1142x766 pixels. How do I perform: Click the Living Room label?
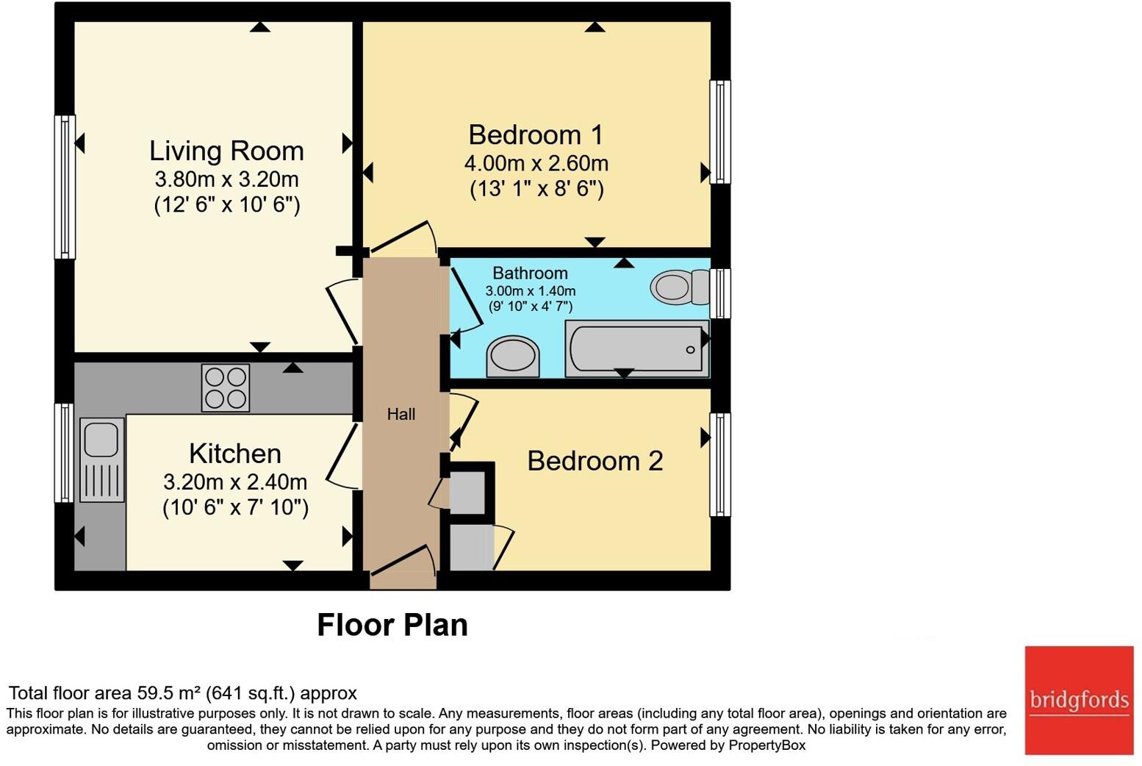[226, 151]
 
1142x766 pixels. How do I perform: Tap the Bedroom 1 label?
[536, 135]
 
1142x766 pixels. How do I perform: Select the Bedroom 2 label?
[595, 461]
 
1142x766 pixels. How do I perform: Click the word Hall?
[401, 415]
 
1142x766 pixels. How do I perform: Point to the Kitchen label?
[235, 454]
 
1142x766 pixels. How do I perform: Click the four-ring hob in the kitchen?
[226, 387]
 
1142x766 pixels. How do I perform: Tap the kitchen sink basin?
[101, 439]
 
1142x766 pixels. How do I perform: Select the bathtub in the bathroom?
[636, 349]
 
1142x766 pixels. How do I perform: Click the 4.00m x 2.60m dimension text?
[536, 163]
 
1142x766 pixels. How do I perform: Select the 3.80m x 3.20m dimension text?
[226, 179]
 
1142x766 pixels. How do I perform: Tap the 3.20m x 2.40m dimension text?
[235, 482]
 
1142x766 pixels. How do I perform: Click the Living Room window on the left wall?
[65, 187]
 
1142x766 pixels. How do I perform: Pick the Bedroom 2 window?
[720, 465]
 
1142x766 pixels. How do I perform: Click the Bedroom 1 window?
[720, 132]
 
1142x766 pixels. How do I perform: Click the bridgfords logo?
[1079, 700]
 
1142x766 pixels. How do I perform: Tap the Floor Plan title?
[392, 625]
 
